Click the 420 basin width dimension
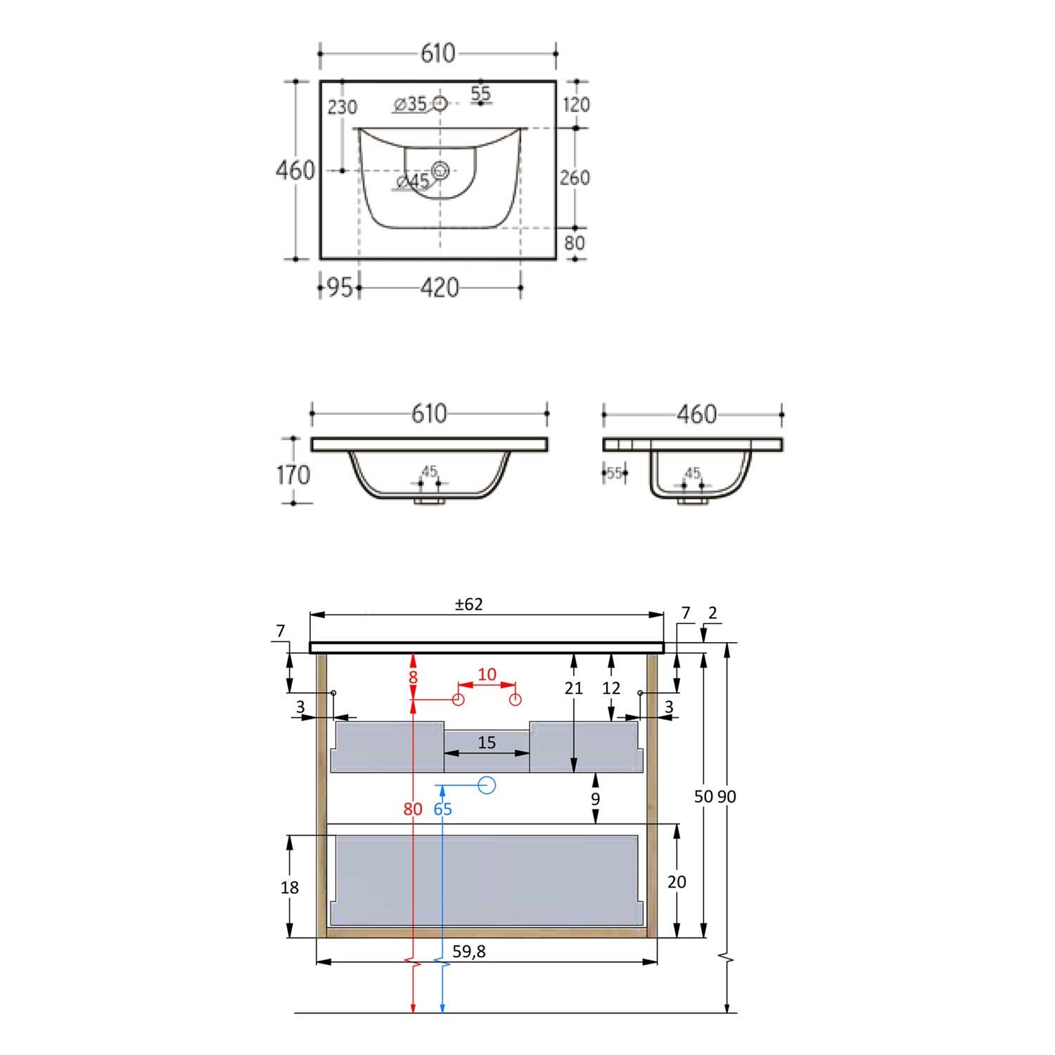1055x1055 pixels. [439, 288]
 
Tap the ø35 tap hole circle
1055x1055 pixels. [440, 104]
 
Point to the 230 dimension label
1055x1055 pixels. [343, 108]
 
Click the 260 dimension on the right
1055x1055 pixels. [575, 178]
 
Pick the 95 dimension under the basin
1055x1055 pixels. [340, 288]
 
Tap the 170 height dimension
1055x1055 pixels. [293, 475]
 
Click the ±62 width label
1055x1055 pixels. [469, 604]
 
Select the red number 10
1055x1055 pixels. [487, 674]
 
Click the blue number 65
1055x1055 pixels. [442, 809]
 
